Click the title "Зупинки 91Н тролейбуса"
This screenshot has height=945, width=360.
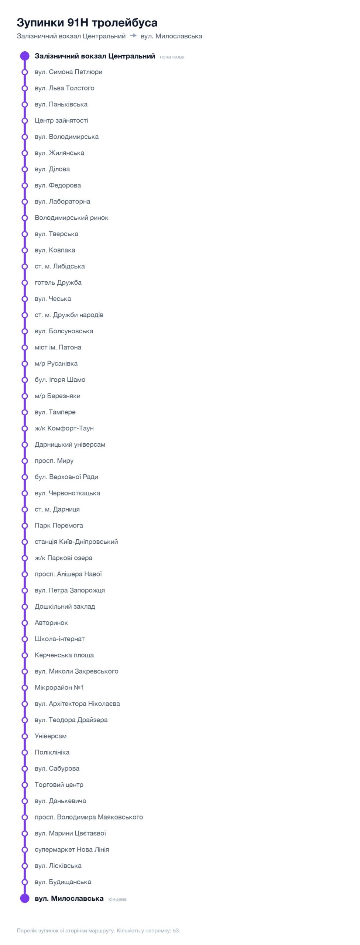pyautogui.click(x=87, y=23)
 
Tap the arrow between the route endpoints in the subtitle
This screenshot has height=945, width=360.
pyautogui.click(x=133, y=36)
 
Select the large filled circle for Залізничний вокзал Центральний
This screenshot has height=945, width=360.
pyautogui.click(x=25, y=56)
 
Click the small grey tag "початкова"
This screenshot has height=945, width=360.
pyautogui.click(x=172, y=57)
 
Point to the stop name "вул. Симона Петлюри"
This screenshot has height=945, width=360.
pyautogui.click(x=68, y=72)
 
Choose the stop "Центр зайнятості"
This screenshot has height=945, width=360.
pyautogui.click(x=61, y=120)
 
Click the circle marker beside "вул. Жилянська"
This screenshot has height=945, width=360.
pyautogui.click(x=25, y=153)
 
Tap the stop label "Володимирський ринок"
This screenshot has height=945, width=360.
pyautogui.click(x=72, y=218)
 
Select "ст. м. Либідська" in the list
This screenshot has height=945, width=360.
pyautogui.click(x=60, y=266)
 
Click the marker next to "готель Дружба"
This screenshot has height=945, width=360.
pyautogui.click(x=25, y=282)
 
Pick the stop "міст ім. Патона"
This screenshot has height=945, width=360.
pyautogui.click(x=58, y=347)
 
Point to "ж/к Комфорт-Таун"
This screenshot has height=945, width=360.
pyautogui.click(x=64, y=428)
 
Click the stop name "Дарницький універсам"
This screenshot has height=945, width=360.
pyautogui.click(x=70, y=444)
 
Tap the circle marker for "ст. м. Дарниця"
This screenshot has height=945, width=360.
pyautogui.click(x=25, y=509)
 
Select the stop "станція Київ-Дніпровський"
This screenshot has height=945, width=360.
pyautogui.click(x=76, y=542)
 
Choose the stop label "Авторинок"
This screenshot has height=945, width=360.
pyautogui.click(x=51, y=623)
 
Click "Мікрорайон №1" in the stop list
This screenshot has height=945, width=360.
pyautogui.click(x=59, y=687)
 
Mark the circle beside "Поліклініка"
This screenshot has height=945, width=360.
pyautogui.click(x=25, y=752)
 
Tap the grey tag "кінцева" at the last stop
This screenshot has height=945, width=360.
pyautogui.click(x=117, y=899)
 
